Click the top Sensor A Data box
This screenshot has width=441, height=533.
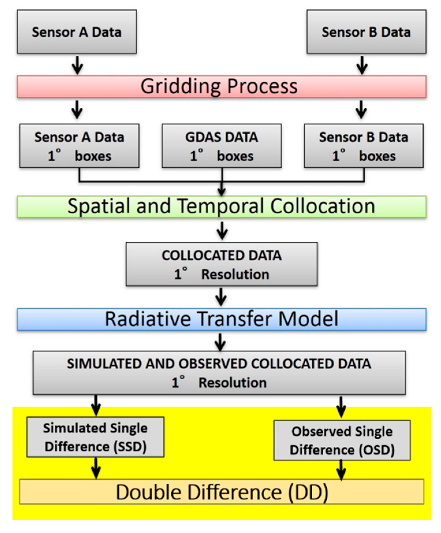tap(76, 32)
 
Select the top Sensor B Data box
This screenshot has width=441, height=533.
tap(366, 32)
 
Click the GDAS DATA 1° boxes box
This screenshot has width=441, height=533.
tap(221, 146)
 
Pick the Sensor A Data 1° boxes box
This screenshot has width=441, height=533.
tap(79, 146)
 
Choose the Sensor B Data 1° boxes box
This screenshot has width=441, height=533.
tap(364, 146)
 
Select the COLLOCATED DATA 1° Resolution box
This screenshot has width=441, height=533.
tap(221, 264)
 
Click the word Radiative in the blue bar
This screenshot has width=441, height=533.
tap(147, 319)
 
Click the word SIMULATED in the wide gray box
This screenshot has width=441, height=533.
tap(104, 364)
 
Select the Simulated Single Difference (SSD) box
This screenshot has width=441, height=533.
tap(95, 437)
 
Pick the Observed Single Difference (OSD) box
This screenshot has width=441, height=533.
tap(342, 440)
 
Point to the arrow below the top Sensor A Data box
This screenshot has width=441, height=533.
tap(77, 65)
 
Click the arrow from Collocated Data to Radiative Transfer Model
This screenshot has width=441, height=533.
tap(221, 297)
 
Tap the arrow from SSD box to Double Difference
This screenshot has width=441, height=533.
tap(96, 468)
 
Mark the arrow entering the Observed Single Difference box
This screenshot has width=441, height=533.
tap(341, 407)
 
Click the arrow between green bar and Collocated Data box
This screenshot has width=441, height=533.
tap(222, 230)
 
